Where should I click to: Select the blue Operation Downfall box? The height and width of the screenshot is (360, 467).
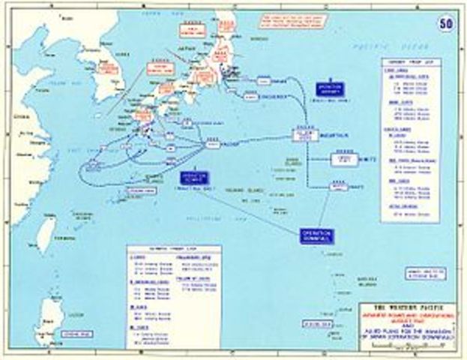point(316,234)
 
